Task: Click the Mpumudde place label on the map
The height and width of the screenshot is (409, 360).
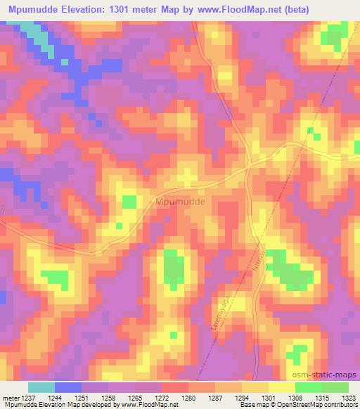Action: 180,201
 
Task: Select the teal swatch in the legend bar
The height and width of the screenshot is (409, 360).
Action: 41,387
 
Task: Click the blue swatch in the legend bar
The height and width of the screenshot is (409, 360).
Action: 68,387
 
